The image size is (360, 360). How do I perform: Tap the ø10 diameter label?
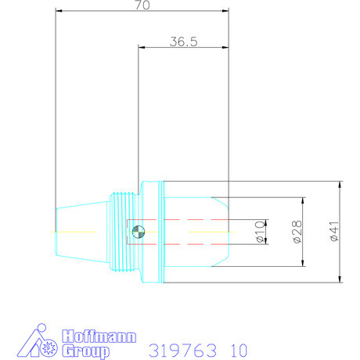pyautogui.click(x=260, y=232)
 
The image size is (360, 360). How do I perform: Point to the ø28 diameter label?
pyautogui.click(x=297, y=232)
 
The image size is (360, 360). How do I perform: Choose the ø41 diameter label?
pyautogui.click(x=334, y=232)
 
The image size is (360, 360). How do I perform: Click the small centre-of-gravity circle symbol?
pyautogui.click(x=139, y=230)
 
